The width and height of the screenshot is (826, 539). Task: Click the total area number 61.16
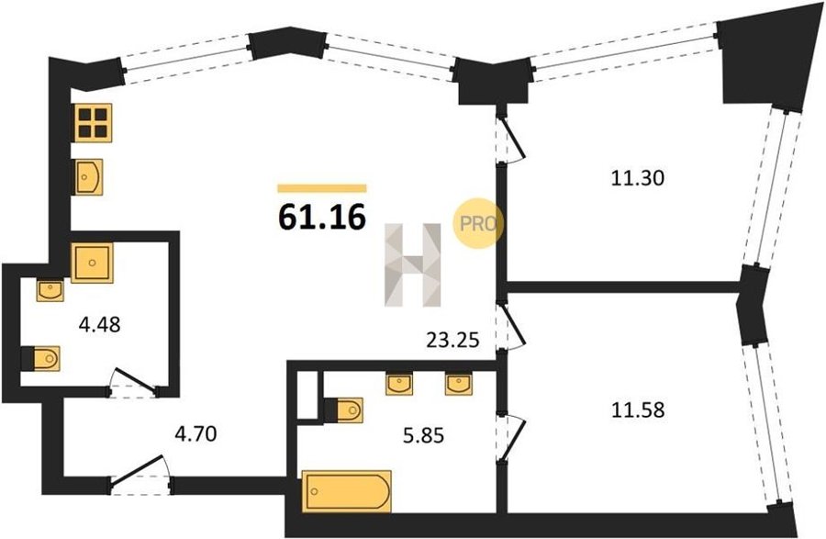coord(322,217)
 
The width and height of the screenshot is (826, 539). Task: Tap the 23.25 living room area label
coord(452,341)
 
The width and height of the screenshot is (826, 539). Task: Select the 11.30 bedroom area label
coord(638,178)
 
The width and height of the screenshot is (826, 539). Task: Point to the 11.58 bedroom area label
coord(638,410)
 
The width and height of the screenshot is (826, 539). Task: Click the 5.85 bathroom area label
coord(423,435)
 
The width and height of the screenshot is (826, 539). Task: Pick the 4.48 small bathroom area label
coord(99,324)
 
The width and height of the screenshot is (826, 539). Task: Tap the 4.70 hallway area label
coord(195,434)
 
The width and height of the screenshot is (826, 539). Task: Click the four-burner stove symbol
coord(94,123)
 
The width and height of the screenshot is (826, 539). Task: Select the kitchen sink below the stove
coord(88,177)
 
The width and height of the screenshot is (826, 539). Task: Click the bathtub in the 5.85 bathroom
coord(347,491)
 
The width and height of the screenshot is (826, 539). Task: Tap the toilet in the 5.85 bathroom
coord(343,410)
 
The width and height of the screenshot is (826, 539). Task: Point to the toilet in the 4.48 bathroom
coord(40,358)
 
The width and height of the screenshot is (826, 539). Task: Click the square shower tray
coord(92,263)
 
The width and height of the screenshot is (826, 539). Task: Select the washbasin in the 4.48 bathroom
coord(50,290)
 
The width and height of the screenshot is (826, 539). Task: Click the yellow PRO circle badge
coord(478,223)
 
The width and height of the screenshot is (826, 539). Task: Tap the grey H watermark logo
coord(413,265)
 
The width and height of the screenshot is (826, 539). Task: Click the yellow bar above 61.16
coord(322,188)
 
